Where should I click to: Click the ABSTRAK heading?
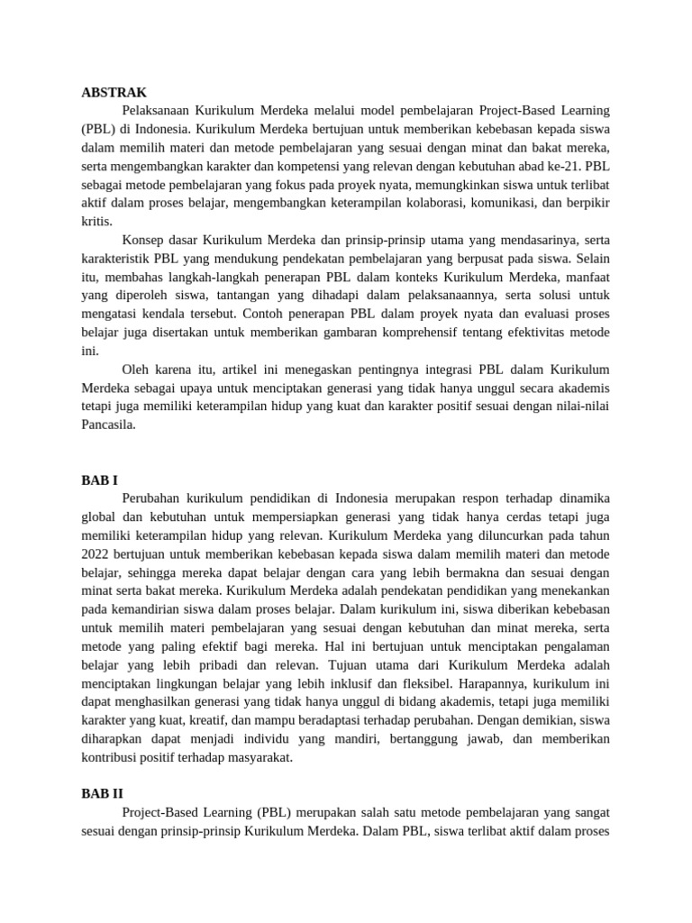point(114,93)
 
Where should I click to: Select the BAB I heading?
point(100,480)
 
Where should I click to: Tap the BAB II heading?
point(102,793)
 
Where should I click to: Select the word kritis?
point(96,221)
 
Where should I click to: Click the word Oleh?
point(134,369)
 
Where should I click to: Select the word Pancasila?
point(108,425)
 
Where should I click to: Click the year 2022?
point(96,553)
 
